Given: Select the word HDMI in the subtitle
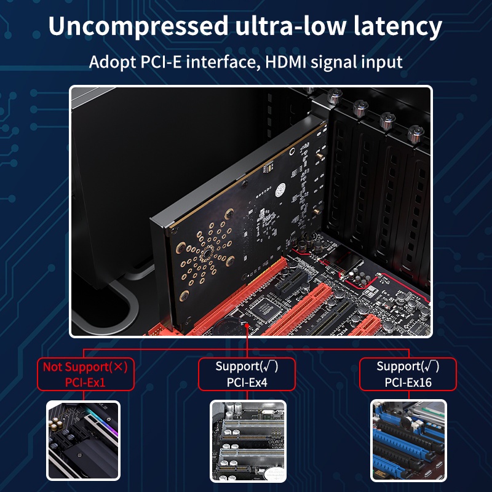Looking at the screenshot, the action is tap(285, 61).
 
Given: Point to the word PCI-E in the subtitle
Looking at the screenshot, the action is tap(161, 61).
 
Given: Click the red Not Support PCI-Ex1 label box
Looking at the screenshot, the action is tap(85, 375).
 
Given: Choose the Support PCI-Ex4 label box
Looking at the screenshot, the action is tap(247, 375).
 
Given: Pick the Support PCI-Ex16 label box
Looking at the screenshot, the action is tap(408, 375).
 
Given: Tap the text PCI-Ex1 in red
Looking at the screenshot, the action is tap(85, 383).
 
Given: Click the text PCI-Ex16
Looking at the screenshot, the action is tap(408, 383).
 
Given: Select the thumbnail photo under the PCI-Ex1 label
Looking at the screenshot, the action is tap(83, 440).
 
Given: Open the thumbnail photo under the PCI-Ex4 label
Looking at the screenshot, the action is tap(248, 441).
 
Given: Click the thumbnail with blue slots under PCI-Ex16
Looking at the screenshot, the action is tap(408, 440).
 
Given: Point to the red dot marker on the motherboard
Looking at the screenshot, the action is tap(247, 326).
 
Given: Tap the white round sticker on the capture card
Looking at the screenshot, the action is tap(280, 190).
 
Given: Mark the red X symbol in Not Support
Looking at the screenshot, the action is tap(118, 367).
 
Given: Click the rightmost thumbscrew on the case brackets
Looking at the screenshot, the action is tap(416, 133).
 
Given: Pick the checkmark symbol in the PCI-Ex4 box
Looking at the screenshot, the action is tap(269, 366).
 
